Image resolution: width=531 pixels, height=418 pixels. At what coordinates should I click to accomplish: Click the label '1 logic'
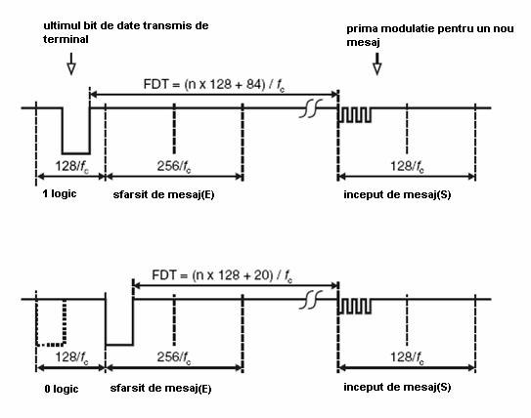60,193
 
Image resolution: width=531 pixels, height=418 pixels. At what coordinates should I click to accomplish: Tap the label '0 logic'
62,389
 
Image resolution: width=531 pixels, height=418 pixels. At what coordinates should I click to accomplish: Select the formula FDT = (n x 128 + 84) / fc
214,85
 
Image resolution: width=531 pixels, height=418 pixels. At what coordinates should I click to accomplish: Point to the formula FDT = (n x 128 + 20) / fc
222,275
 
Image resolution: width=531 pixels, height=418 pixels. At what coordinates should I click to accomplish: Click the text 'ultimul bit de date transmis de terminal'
125,32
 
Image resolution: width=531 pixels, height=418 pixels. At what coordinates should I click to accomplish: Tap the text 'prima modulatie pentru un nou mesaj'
430,35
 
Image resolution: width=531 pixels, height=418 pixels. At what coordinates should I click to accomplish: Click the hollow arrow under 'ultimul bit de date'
71,63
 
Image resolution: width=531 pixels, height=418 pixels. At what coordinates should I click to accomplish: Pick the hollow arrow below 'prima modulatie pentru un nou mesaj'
377,63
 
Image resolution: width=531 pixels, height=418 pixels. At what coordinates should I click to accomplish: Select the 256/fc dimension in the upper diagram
174,166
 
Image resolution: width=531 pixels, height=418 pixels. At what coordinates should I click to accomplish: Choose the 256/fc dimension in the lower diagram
174,357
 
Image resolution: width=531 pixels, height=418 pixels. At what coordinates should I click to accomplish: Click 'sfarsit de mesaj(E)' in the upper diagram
163,194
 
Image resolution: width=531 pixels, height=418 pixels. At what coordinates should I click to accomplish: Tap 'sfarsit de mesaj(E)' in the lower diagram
160,388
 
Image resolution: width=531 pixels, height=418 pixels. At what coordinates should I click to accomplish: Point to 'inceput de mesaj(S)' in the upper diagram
397,194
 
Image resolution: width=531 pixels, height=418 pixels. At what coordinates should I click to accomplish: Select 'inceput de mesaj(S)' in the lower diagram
397,387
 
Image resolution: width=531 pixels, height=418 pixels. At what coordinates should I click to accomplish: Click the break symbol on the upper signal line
311,108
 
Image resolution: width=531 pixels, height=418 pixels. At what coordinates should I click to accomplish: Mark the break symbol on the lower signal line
311,300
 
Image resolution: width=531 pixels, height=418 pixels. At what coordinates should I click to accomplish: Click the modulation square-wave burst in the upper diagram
355,115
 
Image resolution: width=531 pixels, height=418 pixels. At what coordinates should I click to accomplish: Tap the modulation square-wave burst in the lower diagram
355,306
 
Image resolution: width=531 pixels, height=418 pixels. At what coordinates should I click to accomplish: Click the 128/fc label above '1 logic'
71,166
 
